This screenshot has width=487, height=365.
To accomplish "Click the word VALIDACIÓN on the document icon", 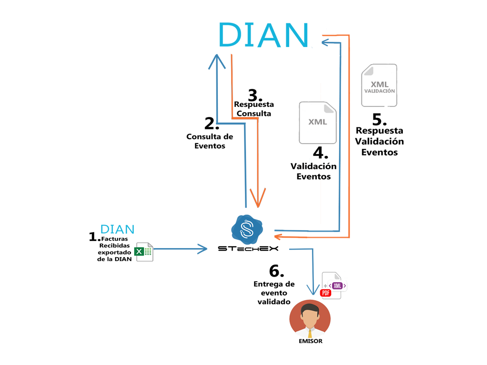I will [379, 91].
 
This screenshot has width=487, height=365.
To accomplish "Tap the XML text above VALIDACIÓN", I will [380, 84].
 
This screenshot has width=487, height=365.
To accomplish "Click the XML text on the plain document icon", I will [318, 122].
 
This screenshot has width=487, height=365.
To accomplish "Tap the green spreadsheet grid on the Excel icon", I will [148, 252].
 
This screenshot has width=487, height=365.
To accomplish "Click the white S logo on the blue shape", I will [247, 227].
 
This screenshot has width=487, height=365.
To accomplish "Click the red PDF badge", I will [326, 293].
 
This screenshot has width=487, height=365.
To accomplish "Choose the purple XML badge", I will [338, 286].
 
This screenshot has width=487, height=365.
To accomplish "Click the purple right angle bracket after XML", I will [345, 286].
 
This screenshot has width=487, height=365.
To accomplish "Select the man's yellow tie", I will [310, 334].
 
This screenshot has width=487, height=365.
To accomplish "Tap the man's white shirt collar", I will [306, 329].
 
